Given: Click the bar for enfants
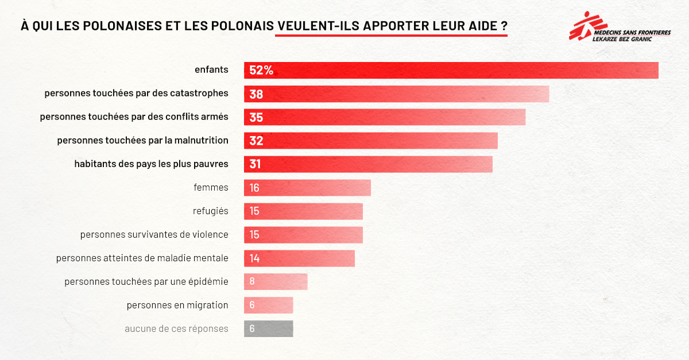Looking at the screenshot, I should (x=451, y=70).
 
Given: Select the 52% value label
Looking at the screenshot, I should (x=261, y=71).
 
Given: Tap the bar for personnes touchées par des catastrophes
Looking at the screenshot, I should (x=396, y=94).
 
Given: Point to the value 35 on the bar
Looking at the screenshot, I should (x=256, y=117).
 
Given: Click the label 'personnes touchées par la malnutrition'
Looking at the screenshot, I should (x=142, y=140).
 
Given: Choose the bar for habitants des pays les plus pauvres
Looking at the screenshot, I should (x=368, y=164).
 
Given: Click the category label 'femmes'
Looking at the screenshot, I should (x=211, y=187).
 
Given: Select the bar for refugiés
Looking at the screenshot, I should (x=303, y=211).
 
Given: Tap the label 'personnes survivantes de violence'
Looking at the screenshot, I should (x=154, y=234).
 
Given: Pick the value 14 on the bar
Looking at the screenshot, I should (x=254, y=258).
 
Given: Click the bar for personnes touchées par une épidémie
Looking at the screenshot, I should (x=276, y=281).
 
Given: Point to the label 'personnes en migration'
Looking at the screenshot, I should (x=177, y=305).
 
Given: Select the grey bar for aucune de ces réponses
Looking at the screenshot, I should (x=268, y=328).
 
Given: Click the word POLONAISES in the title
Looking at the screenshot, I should (x=118, y=26).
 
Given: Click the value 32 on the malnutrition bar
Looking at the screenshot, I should (x=256, y=141).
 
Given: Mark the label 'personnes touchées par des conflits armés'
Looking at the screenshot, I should (x=134, y=117).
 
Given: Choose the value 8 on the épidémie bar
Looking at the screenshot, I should (x=252, y=281).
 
